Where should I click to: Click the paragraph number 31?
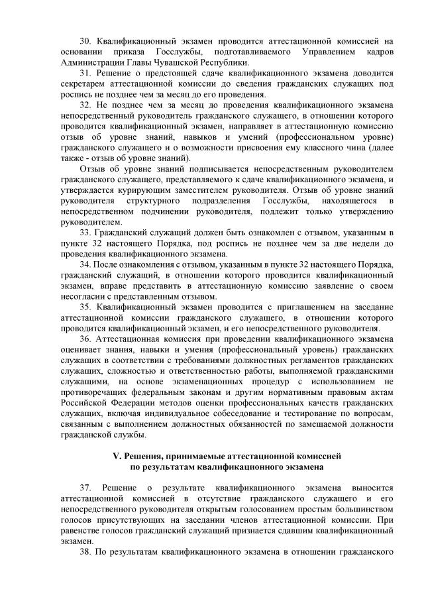85,72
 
